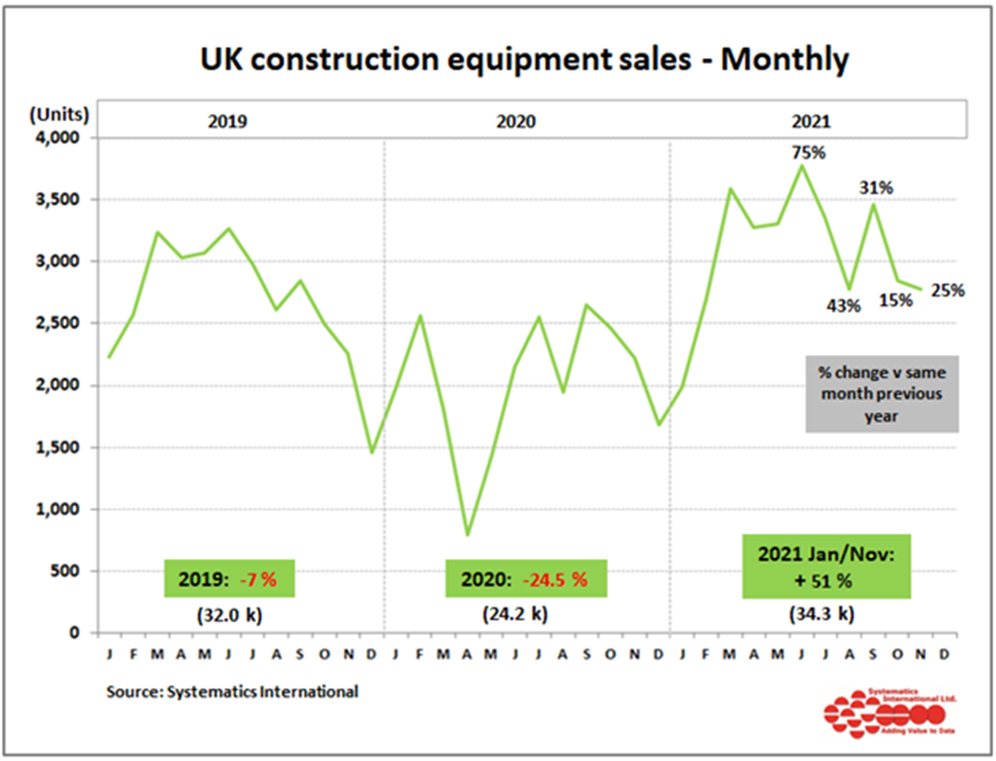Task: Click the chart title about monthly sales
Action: tap(524, 59)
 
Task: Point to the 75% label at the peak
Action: tap(808, 153)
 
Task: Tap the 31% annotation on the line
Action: tap(875, 187)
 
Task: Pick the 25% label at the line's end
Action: tap(948, 290)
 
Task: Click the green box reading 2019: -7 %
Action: tap(229, 578)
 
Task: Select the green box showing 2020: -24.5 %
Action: tap(524, 578)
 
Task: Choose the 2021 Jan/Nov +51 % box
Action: tap(826, 566)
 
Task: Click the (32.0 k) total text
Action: tap(229, 614)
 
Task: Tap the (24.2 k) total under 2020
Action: tap(515, 614)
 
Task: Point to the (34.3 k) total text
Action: tap(820, 614)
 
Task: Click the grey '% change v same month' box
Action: tap(881, 393)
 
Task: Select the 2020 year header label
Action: tap(516, 121)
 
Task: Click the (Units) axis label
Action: tap(59, 114)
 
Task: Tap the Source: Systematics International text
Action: tap(232, 691)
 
